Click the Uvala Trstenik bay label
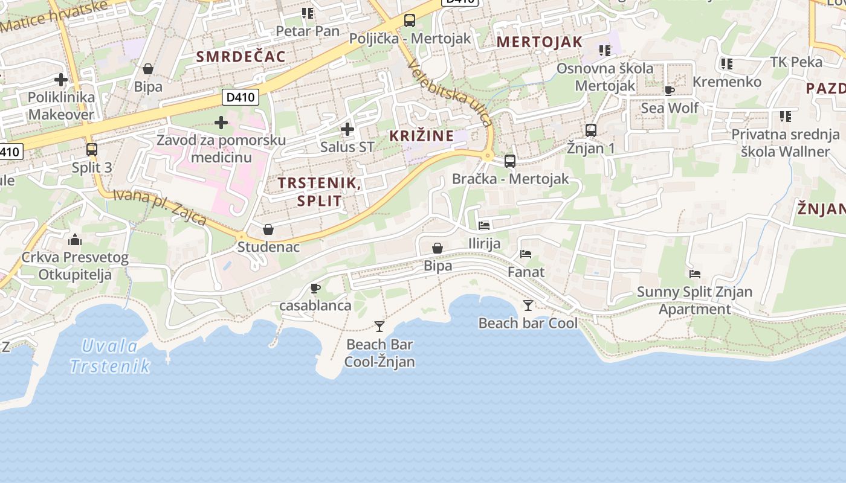tap(110, 356)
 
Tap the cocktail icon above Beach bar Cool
tap(528, 305)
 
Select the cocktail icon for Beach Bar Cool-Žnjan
tap(379, 327)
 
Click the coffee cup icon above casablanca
tap(315, 288)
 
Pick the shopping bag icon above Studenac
tap(268, 229)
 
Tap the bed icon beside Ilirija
tap(484, 226)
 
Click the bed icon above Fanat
tap(526, 254)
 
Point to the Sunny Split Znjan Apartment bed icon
tap(695, 274)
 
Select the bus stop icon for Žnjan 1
tap(591, 130)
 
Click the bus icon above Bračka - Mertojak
tap(510, 161)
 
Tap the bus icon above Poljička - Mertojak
tap(410, 21)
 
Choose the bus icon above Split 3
tap(92, 149)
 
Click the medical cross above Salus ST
tap(347, 129)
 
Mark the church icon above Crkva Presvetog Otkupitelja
tap(75, 240)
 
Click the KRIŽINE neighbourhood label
tap(422, 136)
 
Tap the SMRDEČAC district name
tap(241, 57)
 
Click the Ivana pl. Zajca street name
tap(160, 208)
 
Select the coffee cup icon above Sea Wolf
tap(670, 91)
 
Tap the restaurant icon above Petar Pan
tap(308, 13)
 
